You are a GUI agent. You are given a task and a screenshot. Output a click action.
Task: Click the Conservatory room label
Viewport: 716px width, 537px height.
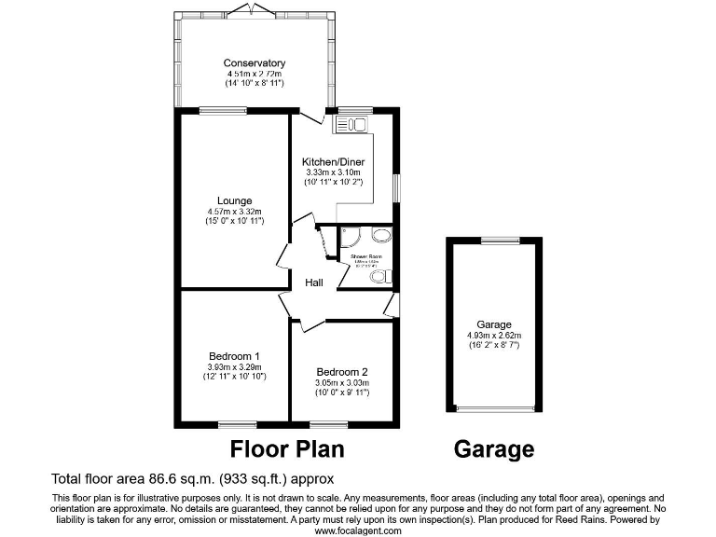[x=254, y=63]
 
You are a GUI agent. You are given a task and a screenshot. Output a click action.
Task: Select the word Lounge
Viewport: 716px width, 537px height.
[x=234, y=200]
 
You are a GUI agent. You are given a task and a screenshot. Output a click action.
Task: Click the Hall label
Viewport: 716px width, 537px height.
[x=314, y=282]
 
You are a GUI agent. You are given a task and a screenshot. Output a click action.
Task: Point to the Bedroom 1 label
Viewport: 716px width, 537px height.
[x=234, y=356]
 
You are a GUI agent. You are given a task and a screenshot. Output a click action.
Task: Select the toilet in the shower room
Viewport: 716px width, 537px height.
[x=386, y=275]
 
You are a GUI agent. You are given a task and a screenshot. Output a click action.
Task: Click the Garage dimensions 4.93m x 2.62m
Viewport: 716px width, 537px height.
[x=494, y=336]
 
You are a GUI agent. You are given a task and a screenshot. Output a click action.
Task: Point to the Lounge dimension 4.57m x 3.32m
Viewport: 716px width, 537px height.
[x=234, y=212]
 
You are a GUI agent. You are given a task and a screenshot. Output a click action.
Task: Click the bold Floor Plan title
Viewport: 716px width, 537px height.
[x=287, y=449]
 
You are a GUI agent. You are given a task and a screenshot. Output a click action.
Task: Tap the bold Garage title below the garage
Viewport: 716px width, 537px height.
[x=494, y=449]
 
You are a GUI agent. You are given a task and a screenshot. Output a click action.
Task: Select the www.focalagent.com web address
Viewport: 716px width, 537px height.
[x=357, y=530]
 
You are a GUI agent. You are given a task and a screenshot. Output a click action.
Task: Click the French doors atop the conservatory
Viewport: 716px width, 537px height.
[x=253, y=11]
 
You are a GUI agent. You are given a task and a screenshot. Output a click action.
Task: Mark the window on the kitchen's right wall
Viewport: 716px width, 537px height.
[x=396, y=186]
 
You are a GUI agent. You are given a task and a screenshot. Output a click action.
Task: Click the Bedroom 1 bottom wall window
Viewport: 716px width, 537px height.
[x=237, y=425]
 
